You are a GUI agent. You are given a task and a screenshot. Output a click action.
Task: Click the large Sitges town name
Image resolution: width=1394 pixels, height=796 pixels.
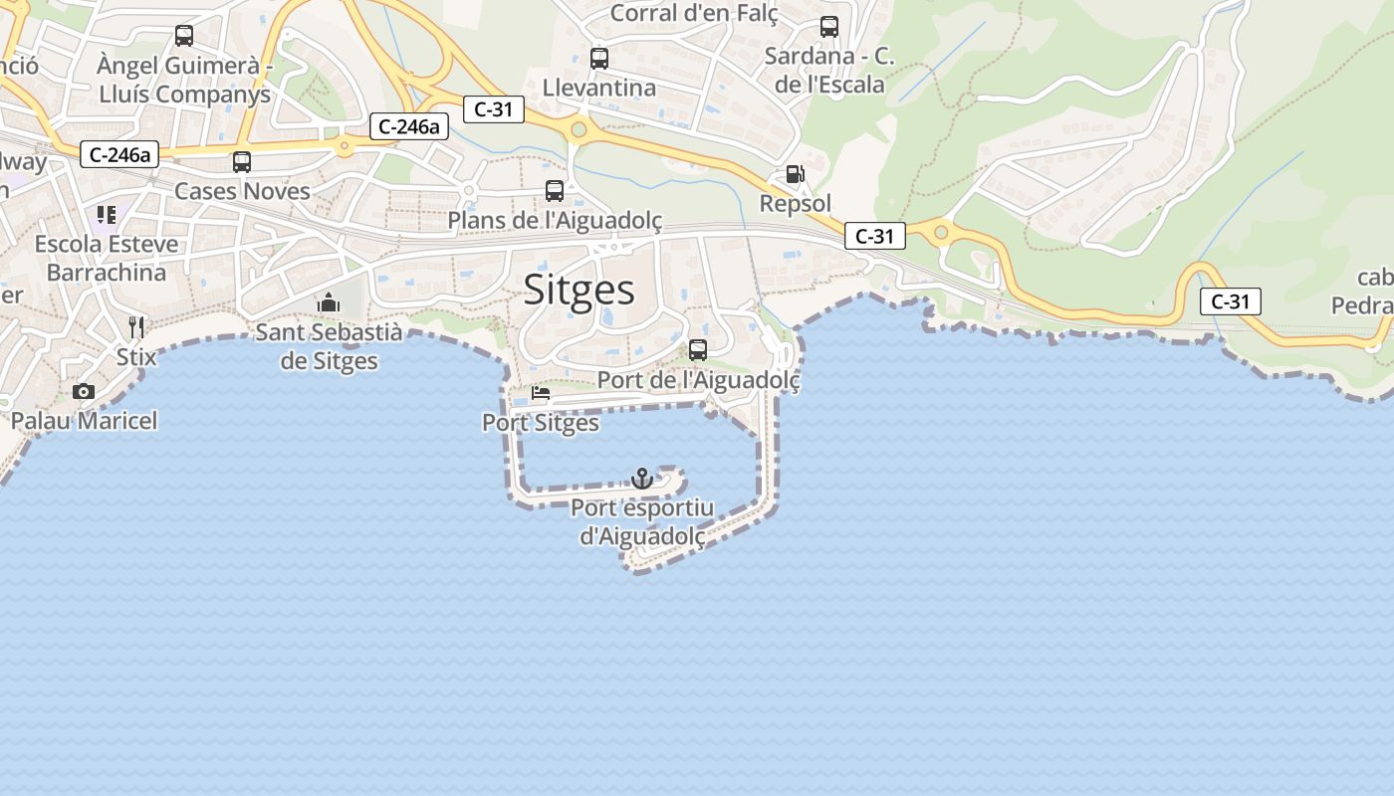(x=579, y=290)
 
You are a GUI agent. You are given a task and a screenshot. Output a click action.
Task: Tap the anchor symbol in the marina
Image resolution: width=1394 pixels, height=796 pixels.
(x=642, y=479)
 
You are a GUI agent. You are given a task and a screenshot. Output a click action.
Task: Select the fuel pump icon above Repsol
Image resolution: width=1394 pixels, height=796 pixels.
(x=795, y=174)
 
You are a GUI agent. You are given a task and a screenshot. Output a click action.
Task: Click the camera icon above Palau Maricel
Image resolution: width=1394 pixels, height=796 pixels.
(x=84, y=391)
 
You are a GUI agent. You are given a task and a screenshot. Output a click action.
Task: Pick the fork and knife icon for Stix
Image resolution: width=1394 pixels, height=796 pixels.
(x=136, y=326)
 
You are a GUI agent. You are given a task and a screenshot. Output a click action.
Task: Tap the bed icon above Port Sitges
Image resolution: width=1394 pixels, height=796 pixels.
(x=541, y=393)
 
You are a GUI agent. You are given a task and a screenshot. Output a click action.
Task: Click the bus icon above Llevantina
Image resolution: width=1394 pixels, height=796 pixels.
(x=598, y=58)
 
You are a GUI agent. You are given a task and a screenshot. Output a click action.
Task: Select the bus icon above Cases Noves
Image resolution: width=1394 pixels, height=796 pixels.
(x=242, y=161)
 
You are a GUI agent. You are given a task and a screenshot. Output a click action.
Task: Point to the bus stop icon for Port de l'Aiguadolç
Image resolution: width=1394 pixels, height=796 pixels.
(x=698, y=350)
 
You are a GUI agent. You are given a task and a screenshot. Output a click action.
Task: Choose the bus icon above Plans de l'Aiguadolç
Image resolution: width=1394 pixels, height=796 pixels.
(x=555, y=190)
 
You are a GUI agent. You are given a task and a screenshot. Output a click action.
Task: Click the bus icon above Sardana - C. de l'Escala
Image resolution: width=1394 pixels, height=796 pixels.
(x=829, y=27)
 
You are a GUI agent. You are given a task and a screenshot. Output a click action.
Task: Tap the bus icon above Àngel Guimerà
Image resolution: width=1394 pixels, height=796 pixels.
(x=184, y=36)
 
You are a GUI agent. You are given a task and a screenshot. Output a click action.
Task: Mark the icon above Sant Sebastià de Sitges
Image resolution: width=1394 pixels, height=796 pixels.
(x=328, y=302)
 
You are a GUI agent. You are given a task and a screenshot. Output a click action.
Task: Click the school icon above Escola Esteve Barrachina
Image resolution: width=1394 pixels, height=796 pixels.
(x=107, y=214)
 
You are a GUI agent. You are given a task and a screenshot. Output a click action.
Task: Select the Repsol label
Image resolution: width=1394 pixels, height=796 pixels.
(x=795, y=203)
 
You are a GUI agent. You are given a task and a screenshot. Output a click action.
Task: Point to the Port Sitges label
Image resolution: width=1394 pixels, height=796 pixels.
(x=541, y=423)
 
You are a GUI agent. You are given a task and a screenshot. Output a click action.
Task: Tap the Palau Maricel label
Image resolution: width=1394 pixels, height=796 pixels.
(x=84, y=421)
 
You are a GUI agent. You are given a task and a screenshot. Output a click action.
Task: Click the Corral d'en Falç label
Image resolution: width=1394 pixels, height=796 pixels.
(x=694, y=13)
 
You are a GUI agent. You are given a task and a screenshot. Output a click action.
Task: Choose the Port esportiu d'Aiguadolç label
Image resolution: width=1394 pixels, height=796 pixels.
(x=642, y=522)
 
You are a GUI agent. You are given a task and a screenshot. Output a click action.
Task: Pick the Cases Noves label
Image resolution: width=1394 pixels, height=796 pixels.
(x=242, y=191)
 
